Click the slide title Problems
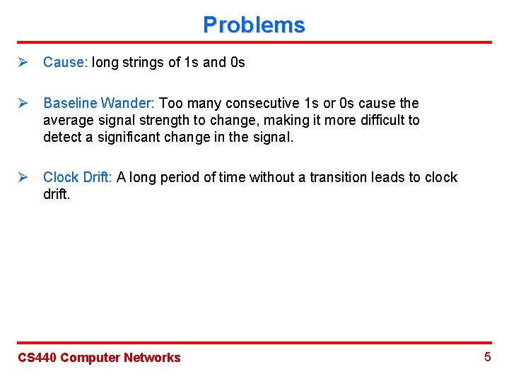click(x=254, y=25)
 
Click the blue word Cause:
click(x=64, y=62)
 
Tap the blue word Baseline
click(x=69, y=104)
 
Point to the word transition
click(x=336, y=177)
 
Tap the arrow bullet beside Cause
click(x=22, y=62)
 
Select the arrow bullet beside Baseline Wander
click(x=22, y=104)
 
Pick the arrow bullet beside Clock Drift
click(x=22, y=177)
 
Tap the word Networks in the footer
click(x=152, y=358)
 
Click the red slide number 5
click(x=487, y=357)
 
